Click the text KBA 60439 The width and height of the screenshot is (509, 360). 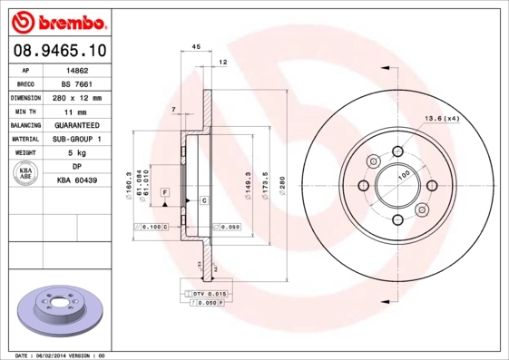click(x=78, y=180)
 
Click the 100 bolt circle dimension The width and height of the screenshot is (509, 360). click(x=403, y=174)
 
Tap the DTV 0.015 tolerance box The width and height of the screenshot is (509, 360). click(x=209, y=295)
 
